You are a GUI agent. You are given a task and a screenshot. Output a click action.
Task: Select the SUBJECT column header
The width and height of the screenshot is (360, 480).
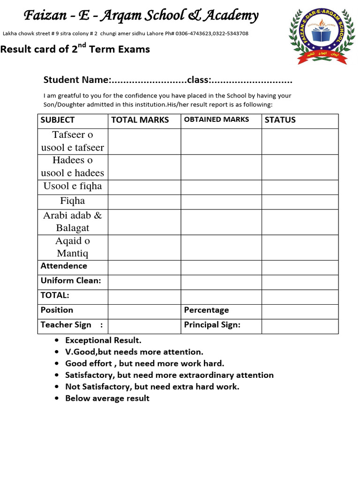(x=57, y=120)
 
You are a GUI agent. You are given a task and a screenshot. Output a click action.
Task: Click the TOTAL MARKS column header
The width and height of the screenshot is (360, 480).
(x=140, y=120)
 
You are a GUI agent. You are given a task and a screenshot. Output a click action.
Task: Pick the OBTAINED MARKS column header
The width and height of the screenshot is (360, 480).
(x=216, y=120)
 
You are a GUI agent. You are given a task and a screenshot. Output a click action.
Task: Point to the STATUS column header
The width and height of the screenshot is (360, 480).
(x=280, y=120)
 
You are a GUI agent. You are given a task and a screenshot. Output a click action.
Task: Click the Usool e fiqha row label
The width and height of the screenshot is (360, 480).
(x=73, y=186)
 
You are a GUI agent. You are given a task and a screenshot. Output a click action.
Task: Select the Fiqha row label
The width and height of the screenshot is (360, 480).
(x=73, y=201)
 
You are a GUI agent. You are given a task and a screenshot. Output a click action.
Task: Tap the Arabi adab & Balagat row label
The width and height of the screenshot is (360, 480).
(x=73, y=222)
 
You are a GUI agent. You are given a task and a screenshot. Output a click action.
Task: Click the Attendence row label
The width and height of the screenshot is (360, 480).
(x=64, y=266)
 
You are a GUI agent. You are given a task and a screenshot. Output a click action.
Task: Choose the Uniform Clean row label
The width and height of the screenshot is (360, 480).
(x=71, y=281)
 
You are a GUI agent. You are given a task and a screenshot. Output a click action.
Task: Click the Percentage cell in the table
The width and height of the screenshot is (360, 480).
(x=206, y=310)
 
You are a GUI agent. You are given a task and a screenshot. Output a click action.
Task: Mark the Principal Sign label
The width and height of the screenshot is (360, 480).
(x=212, y=325)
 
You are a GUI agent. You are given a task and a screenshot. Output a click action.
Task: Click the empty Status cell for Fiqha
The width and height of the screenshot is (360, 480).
(x=300, y=202)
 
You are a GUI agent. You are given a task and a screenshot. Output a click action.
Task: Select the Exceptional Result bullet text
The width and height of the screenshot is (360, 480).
(x=103, y=340)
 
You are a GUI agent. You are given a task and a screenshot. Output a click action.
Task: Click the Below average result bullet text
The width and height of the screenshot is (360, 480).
(x=107, y=398)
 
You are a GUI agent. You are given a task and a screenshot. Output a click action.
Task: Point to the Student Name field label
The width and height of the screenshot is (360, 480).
(x=77, y=80)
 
